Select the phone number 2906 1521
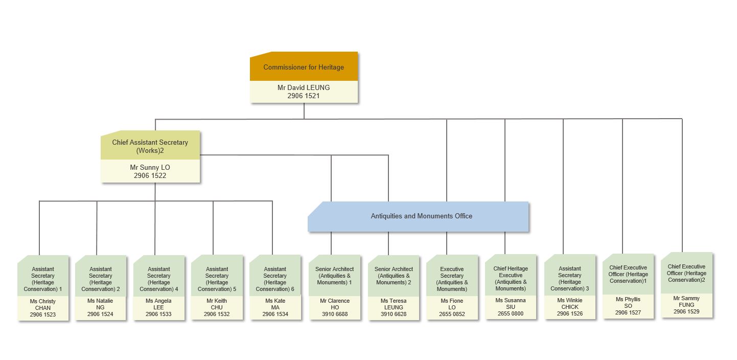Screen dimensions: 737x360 tap(304, 96)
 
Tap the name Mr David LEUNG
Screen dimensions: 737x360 tap(304, 87)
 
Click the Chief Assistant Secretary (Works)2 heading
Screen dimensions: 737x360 tap(150, 146)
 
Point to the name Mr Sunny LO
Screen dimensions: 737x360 tap(150, 167)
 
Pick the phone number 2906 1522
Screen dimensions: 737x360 tap(150, 175)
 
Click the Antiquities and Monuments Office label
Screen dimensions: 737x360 tap(422, 216)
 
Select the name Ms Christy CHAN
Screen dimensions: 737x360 tap(43, 304)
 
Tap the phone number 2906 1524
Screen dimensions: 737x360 tap(100, 314)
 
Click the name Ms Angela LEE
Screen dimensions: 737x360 tap(158, 304)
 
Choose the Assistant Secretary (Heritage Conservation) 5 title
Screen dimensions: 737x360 tap(217, 279)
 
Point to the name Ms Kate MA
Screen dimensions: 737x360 tap(275, 304)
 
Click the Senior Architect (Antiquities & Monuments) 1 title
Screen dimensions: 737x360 tap(335, 276)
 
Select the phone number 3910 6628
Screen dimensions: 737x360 tap(394, 314)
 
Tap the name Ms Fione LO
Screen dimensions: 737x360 tap(452, 304)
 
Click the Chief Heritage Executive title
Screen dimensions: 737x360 tap(511, 272)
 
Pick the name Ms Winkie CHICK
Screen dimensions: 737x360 tap(570, 303)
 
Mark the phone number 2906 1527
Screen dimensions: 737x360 tap(628, 312)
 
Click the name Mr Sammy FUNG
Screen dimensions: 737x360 tap(686, 301)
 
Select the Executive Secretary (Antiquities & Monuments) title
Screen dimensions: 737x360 tap(452, 279)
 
